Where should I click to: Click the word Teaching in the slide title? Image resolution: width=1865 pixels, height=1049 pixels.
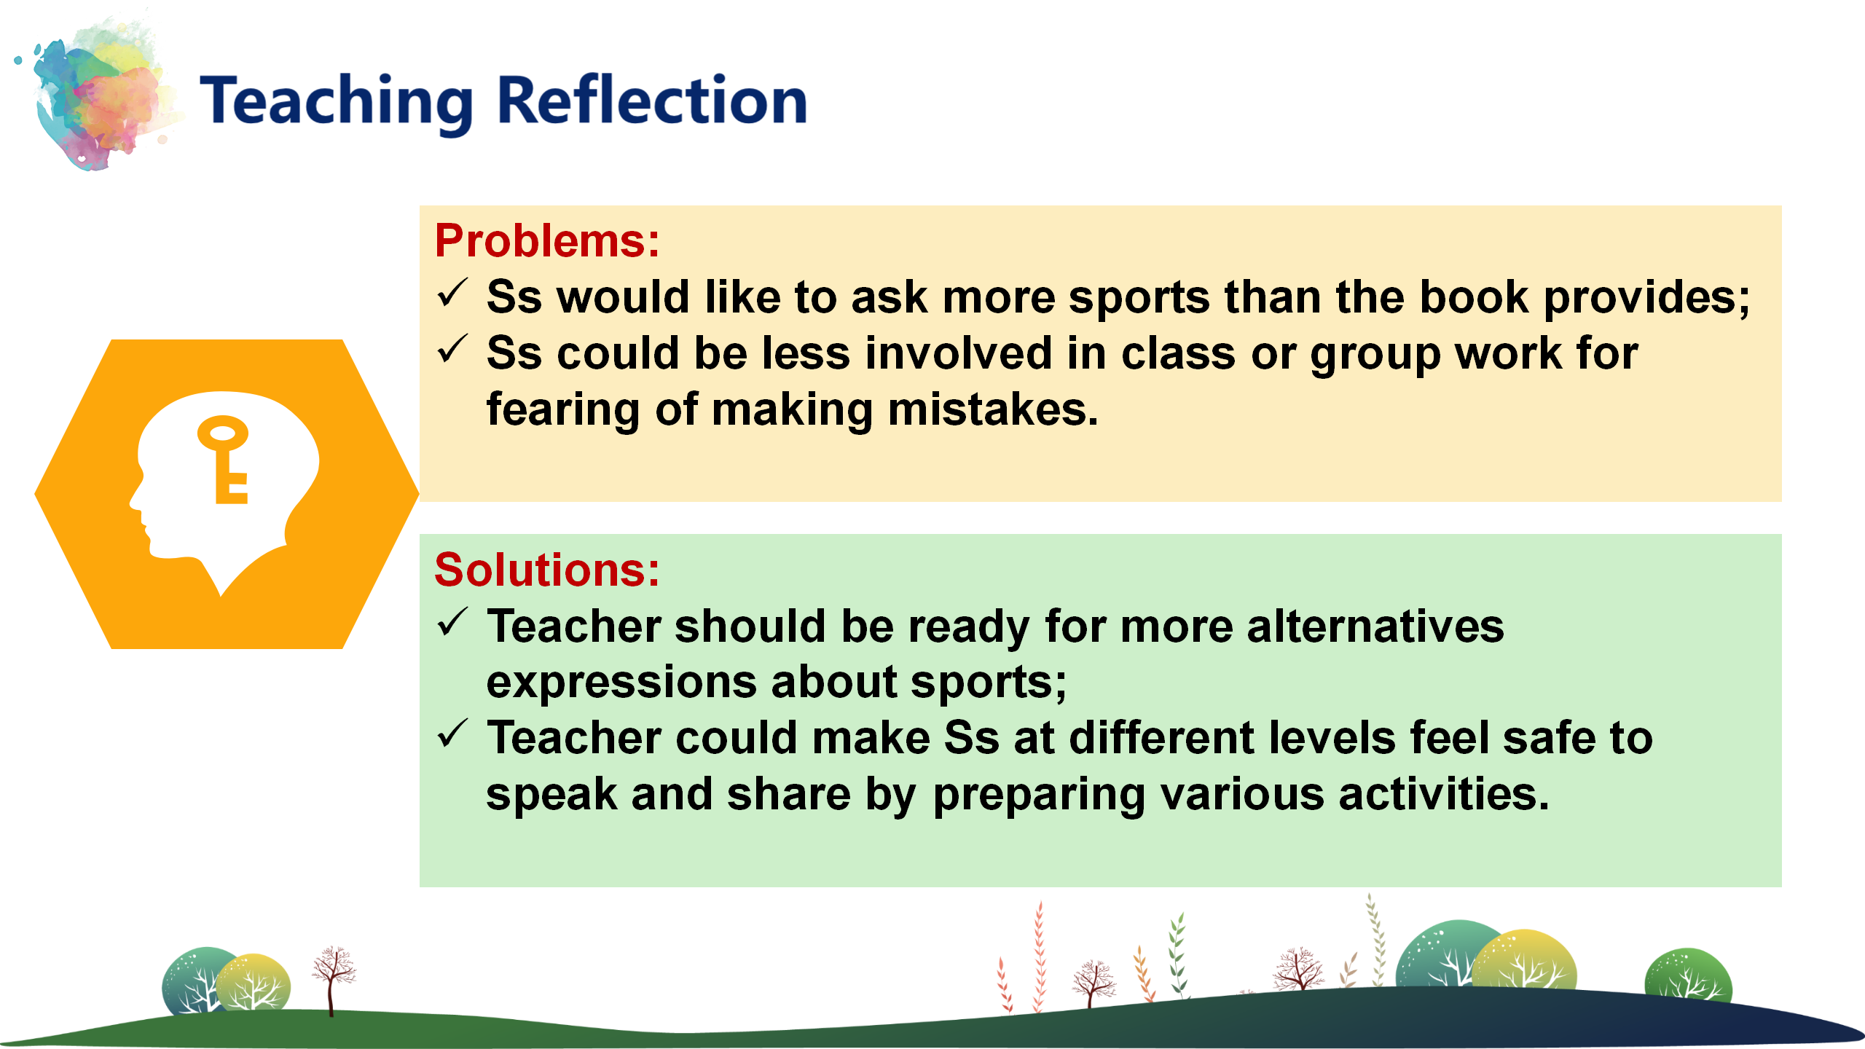(337, 103)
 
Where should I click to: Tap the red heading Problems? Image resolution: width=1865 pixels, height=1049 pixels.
(547, 240)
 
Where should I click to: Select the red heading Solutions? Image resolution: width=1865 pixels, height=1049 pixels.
(547, 569)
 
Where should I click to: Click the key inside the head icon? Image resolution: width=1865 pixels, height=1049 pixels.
(224, 460)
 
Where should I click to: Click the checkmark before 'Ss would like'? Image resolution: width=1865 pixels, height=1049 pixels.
(452, 294)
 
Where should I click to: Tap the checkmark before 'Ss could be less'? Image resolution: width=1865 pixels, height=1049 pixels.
(452, 350)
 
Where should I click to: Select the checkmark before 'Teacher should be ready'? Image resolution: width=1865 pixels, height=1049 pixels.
(452, 623)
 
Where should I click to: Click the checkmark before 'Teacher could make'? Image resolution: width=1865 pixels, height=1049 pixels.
(452, 734)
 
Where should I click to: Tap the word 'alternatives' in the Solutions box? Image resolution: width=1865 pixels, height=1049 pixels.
(1375, 626)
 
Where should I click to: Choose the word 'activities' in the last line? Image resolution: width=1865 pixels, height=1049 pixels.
(1444, 793)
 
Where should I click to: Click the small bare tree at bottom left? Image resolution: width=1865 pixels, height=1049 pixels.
(332, 981)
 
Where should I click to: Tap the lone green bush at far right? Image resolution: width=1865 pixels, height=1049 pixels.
(1688, 975)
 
